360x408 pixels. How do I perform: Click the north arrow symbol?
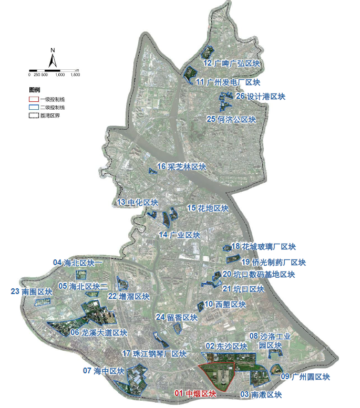tap(53, 59)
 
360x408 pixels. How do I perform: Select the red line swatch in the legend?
tap(34, 99)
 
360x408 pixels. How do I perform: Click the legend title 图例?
tap(35, 90)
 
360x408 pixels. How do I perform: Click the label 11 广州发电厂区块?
tap(227, 82)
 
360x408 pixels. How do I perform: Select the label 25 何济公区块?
tap(231, 120)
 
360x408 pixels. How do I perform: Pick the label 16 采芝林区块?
tap(181, 167)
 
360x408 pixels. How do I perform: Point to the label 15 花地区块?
tap(208, 208)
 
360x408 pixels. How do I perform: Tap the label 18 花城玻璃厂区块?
tap(263, 247)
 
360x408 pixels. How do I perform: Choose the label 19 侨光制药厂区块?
tap(273, 261)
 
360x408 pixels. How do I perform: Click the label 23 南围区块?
tap(32, 292)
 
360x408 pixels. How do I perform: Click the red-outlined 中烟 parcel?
tap(217, 376)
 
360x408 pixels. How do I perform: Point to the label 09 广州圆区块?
tap(305, 377)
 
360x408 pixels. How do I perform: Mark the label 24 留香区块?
tap(176, 317)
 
